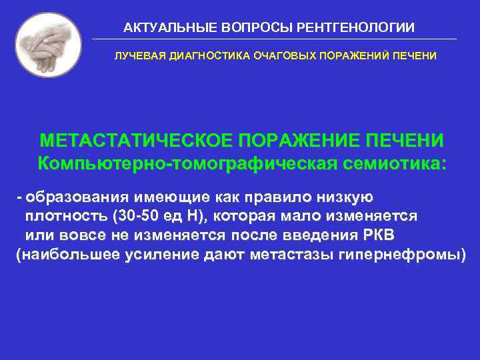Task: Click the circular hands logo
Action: click(x=47, y=45)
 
